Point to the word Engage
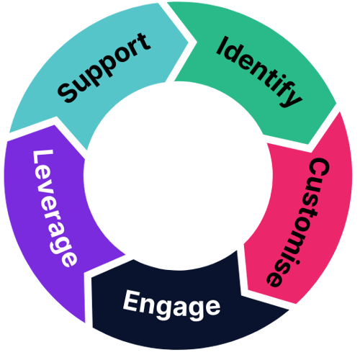coord(171,304)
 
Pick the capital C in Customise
coord(317,168)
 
